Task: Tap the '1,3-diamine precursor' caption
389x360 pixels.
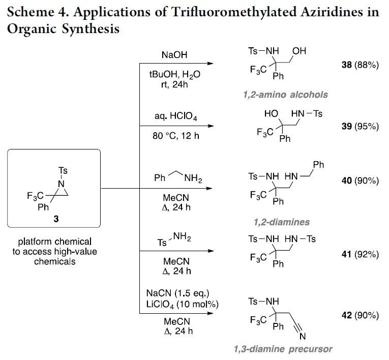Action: coord(283,349)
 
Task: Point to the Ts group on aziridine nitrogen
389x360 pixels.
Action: coord(63,171)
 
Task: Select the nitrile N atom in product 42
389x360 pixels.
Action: coord(302,337)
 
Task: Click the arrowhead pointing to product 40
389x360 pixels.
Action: coord(208,188)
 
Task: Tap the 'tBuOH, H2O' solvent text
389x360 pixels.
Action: coord(175,74)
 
